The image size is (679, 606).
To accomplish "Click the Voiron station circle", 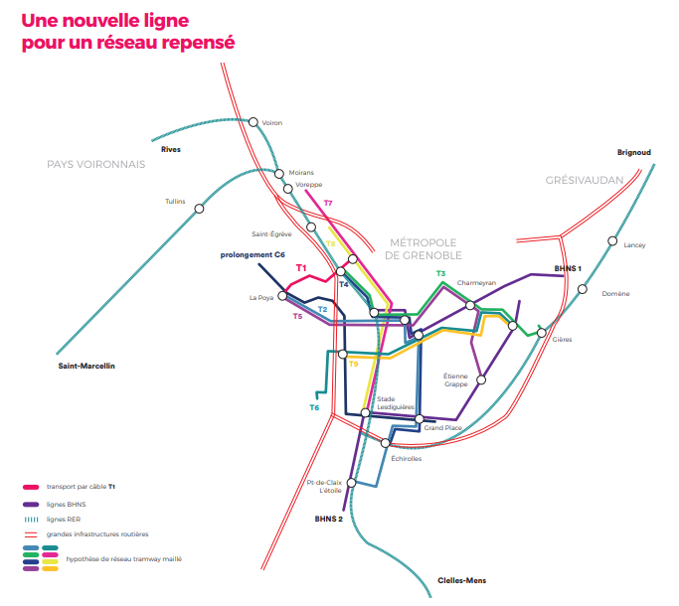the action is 254,122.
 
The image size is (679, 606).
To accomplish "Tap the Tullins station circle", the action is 199,209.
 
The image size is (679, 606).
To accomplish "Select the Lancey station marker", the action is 612,240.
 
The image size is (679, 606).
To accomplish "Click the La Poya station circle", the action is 282,296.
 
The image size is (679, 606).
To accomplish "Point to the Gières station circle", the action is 541,333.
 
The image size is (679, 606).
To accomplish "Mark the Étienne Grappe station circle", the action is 481,380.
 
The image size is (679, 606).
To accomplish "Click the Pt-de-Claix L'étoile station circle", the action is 352,483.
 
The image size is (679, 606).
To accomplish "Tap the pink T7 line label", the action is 328,203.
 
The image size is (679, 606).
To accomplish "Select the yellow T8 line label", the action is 330,243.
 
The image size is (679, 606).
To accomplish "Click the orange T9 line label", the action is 353,364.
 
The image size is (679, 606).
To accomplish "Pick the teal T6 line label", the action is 314,407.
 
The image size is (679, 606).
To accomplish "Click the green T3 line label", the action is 440,273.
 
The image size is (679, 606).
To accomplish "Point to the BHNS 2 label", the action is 329,519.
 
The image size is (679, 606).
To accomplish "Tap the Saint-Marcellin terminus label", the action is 86,366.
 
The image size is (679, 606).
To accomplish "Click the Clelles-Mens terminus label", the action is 462,580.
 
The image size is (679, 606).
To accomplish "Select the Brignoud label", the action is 634,152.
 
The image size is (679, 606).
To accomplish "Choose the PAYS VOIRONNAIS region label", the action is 96,165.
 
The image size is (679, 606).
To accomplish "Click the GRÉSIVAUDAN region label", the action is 585,180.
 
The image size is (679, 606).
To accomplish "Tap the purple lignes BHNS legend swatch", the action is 31,505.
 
